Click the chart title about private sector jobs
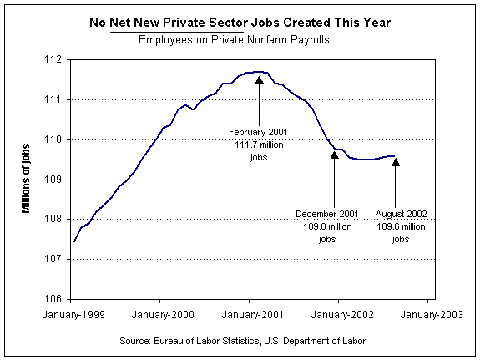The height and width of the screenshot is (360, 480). click(240, 23)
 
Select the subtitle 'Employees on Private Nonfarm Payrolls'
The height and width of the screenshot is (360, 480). click(234, 40)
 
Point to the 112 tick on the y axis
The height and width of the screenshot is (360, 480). click(53, 59)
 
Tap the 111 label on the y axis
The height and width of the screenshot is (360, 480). click(53, 99)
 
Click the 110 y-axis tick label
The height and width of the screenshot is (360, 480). click(53, 139)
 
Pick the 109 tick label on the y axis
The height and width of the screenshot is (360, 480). click(53, 180)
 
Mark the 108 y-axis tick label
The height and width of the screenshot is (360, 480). click(53, 220)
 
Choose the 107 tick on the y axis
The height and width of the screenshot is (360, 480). click(53, 259)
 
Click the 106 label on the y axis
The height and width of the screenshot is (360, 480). click(53, 299)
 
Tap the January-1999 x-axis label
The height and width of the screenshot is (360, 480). click(73, 315)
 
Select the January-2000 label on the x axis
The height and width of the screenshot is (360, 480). click(163, 315)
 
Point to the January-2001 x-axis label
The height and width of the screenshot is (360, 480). click(253, 315)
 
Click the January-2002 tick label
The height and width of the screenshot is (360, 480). click(342, 315)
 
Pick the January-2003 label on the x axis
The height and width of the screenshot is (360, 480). click(432, 315)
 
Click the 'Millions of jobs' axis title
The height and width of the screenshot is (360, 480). click(26, 178)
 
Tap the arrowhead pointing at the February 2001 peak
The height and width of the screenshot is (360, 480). click(260, 80)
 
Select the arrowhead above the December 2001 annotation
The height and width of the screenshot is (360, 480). click(335, 155)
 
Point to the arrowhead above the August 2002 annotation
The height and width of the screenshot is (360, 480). click(396, 162)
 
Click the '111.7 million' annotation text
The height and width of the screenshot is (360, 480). click(259, 145)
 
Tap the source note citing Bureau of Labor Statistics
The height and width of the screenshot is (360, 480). click(242, 341)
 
